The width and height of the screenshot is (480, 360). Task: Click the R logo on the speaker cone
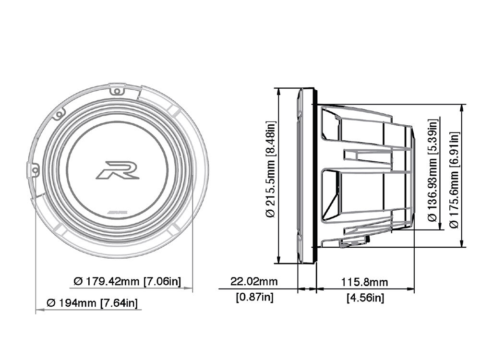[117, 170]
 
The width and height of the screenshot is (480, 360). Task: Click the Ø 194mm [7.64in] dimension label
[92, 303]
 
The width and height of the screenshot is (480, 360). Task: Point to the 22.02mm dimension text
[254, 281]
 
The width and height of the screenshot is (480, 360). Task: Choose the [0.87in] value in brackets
[254, 297]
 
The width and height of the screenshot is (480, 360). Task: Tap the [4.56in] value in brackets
[365, 298]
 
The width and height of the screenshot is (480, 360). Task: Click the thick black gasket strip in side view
[315, 175]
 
